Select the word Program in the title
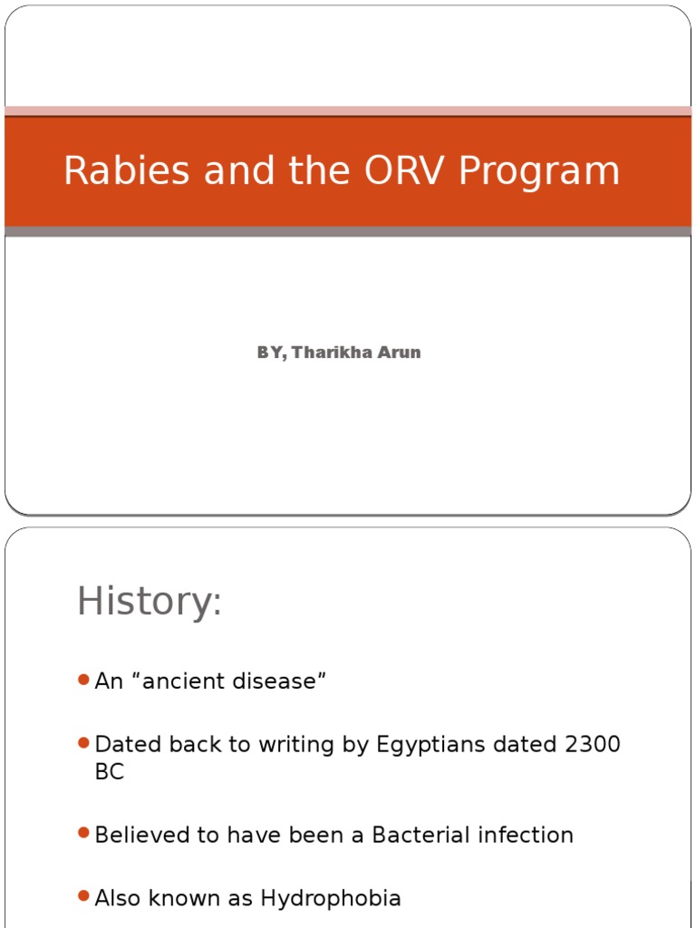539,171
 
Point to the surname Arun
400,353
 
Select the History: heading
149,602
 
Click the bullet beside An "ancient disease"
83,680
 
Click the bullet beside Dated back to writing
83,743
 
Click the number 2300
592,745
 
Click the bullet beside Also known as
83,896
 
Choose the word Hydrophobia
331,899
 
